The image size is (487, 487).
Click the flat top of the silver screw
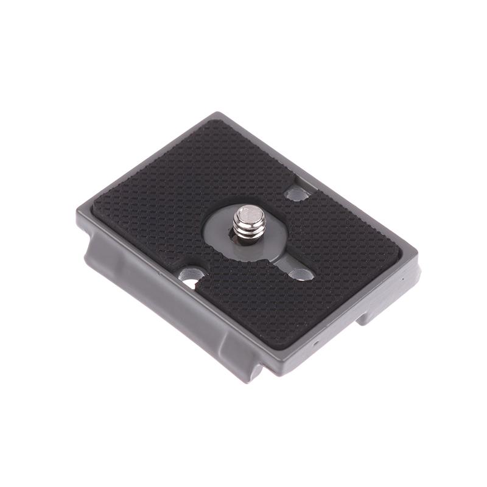coord(250,214)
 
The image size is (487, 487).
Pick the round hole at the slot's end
coord(301,275)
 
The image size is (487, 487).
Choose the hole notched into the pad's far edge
coord(297,194)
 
